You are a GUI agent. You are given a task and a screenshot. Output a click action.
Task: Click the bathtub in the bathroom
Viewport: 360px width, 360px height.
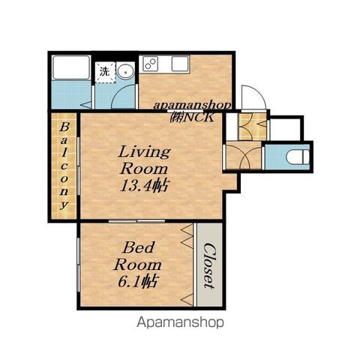click(71, 67)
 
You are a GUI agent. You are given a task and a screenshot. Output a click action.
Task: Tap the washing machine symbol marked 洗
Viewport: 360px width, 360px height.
click(105, 72)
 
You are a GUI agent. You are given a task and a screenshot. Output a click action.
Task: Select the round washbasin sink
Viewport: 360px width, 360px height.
click(126, 71)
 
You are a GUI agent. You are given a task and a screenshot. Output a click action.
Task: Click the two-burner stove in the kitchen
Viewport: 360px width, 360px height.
click(150, 64)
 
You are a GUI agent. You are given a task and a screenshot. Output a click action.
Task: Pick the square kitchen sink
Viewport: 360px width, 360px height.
click(180, 64)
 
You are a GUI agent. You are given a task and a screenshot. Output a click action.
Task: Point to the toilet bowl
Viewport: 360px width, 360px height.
click(298, 157)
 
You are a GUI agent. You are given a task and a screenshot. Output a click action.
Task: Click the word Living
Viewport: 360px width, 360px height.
click(145, 152)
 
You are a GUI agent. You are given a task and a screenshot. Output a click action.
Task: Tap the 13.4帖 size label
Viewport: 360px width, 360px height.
click(144, 186)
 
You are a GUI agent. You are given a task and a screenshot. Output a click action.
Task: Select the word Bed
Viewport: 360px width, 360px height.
click(138, 247)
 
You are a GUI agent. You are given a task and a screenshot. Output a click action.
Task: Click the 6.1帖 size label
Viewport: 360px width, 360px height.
click(137, 281)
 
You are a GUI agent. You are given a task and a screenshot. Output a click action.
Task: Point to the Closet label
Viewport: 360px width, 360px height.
click(209, 265)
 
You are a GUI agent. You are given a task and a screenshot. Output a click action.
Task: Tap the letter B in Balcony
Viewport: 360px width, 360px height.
click(64, 127)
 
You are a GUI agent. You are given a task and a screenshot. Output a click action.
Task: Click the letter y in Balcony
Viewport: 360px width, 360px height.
click(64, 205)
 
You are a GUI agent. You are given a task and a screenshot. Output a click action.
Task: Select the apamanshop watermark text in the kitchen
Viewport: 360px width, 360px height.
click(192, 106)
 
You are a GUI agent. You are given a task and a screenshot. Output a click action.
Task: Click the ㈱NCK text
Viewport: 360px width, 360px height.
click(192, 117)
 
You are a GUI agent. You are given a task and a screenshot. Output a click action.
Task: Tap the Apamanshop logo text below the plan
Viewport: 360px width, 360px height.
click(180, 322)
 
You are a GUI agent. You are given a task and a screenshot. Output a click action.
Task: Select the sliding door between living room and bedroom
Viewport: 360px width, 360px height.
click(137, 221)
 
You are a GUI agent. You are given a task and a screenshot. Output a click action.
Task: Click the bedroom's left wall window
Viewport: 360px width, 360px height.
click(79, 265)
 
